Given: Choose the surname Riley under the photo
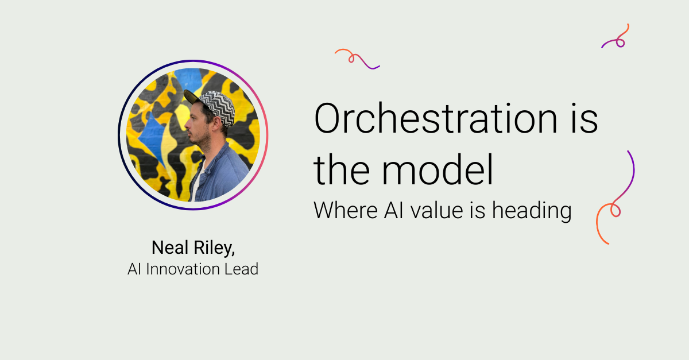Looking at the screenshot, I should click(x=215, y=248).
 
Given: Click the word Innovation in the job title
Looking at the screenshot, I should click(x=185, y=268).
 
